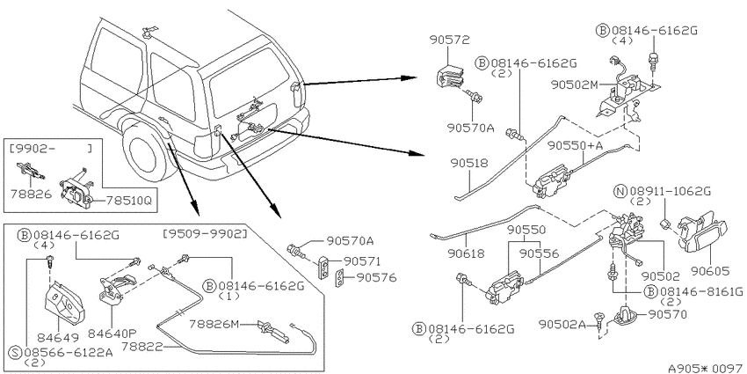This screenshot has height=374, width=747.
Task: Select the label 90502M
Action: point(574,84)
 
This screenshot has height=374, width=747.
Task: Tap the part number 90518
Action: point(469,163)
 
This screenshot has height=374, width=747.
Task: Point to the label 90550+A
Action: point(575,145)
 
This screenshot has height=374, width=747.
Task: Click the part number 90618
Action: point(466,253)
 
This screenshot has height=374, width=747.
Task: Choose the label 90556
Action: point(539,253)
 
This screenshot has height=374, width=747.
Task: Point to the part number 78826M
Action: point(213,324)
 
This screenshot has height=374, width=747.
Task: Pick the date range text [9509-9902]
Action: point(205,234)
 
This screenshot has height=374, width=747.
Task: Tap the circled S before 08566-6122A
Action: point(16,352)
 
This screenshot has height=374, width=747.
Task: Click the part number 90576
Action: point(376,277)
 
